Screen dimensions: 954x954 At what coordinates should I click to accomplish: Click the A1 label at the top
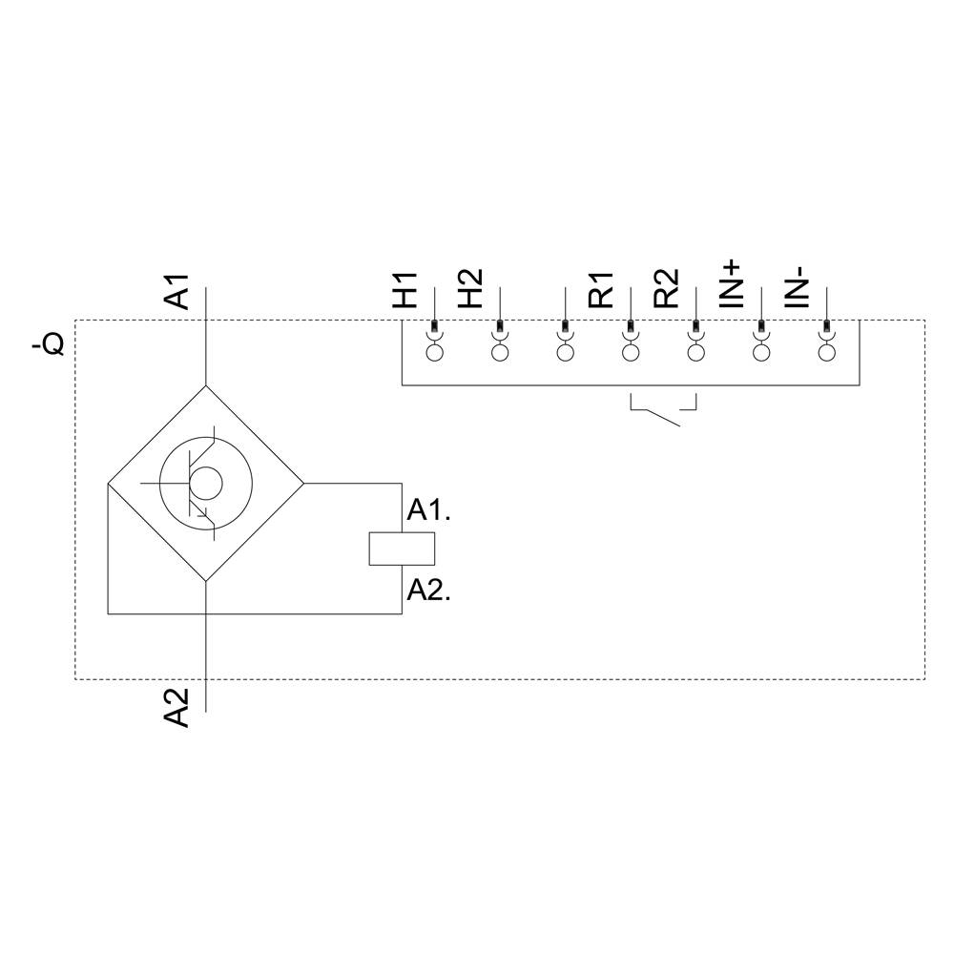pyautogui.click(x=177, y=292)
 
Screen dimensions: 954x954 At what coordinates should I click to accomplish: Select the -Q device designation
pyautogui.click(x=49, y=343)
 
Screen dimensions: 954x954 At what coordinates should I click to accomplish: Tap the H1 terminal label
pyautogui.click(x=405, y=290)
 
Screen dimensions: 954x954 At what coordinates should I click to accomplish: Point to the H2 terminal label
pyautogui.click(x=470, y=288)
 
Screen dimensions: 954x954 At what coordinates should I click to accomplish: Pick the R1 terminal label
pyautogui.click(x=601, y=290)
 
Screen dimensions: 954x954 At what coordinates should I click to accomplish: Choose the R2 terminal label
pyautogui.click(x=666, y=288)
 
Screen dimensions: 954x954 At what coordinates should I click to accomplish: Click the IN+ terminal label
pyautogui.click(x=731, y=282)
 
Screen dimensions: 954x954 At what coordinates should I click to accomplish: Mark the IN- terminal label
pyautogui.click(x=797, y=286)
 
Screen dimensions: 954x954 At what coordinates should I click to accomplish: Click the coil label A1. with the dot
pyautogui.click(x=428, y=510)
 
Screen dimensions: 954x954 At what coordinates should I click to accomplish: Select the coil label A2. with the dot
pyautogui.click(x=428, y=591)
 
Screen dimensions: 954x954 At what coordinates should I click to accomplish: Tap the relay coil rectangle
pyautogui.click(x=402, y=549)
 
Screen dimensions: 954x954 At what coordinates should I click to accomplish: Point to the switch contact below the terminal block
pyautogui.click(x=663, y=412)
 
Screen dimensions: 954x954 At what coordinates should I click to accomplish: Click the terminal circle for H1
pyautogui.click(x=435, y=353)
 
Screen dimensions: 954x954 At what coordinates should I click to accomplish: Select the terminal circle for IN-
pyautogui.click(x=826, y=353)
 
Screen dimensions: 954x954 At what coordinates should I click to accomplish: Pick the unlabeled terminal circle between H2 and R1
pyautogui.click(x=565, y=353)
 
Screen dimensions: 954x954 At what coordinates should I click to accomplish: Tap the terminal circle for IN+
pyautogui.click(x=761, y=353)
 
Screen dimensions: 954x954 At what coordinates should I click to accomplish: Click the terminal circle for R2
pyautogui.click(x=695, y=353)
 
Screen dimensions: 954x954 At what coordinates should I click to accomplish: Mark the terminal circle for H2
pyautogui.click(x=500, y=353)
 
